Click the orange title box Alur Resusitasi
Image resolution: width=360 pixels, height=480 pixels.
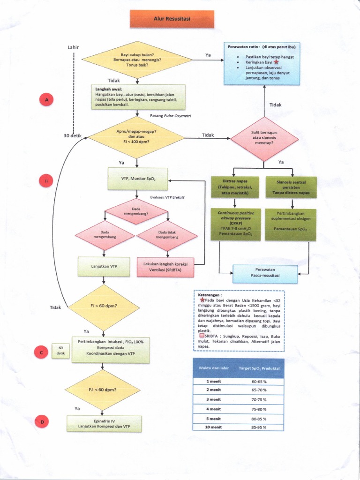[x=172, y=19]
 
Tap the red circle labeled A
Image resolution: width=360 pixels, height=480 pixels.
[x=46, y=100]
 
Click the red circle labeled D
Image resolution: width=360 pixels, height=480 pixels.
[x=42, y=422]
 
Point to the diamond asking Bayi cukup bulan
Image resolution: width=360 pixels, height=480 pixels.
[x=137, y=60]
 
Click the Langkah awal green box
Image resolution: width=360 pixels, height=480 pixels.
[x=138, y=97]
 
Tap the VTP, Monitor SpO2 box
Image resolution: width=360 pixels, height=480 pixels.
[x=137, y=179]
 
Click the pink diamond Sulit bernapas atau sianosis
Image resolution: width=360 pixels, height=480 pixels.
[x=264, y=139]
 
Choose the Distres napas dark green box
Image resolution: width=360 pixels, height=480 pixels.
[x=235, y=187]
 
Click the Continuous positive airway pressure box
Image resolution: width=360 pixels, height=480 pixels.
[x=235, y=224]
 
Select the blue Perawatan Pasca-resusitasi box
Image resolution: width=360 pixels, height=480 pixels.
[x=265, y=274]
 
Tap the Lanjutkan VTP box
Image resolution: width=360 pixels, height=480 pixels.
[x=104, y=266]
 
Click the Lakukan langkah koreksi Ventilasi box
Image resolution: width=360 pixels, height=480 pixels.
[x=165, y=267]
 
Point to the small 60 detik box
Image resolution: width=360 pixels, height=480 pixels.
[x=60, y=351]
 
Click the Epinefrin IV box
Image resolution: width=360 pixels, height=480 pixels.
[x=104, y=423]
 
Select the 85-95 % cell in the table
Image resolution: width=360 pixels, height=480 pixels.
[x=259, y=427]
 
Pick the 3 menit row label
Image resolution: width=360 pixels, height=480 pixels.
[x=213, y=400]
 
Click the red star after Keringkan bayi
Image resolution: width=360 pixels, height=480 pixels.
[x=277, y=62]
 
